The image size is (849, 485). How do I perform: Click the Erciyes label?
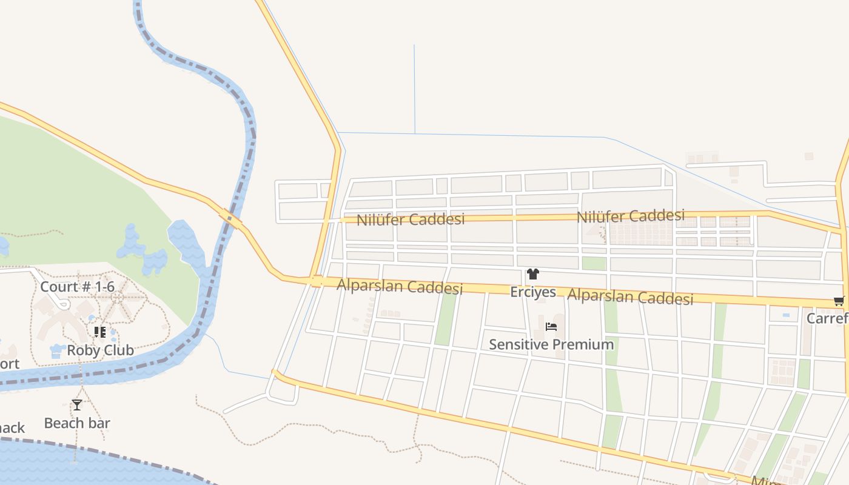pyautogui.click(x=532, y=292)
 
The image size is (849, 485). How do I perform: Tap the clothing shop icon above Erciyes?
pyautogui.click(x=532, y=274)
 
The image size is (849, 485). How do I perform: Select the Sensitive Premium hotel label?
pyautogui.click(x=551, y=344)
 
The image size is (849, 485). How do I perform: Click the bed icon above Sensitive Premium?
pyautogui.click(x=551, y=327)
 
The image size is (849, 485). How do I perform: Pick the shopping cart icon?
pyautogui.click(x=839, y=301)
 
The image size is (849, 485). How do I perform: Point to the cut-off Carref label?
pyautogui.click(x=827, y=318)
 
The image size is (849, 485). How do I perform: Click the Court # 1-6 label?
pyautogui.click(x=77, y=286)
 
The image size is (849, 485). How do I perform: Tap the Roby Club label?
pyautogui.click(x=100, y=350)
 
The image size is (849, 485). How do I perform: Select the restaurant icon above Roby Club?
pyautogui.click(x=99, y=332)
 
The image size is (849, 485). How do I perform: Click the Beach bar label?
pyautogui.click(x=77, y=423)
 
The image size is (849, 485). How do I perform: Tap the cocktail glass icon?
pyautogui.click(x=77, y=404)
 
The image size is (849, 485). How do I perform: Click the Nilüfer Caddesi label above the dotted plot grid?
pyautogui.click(x=630, y=216)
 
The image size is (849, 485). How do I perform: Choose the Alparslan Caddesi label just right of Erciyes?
pyautogui.click(x=630, y=297)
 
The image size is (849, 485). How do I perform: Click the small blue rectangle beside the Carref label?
pyautogui.click(x=787, y=315)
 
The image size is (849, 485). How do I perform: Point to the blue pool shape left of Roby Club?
pyautogui.click(x=57, y=350)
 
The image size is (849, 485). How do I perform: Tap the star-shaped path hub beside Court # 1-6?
pyautogui.click(x=118, y=298)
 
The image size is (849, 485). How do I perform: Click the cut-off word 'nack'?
pyautogui.click(x=12, y=427)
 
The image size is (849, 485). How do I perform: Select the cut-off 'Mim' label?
pyautogui.click(x=763, y=481)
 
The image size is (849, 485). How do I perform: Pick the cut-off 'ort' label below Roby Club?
pyautogui.click(x=9, y=364)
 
